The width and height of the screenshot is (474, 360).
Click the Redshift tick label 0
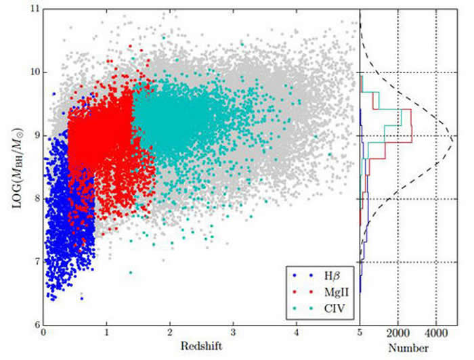coord(44,333)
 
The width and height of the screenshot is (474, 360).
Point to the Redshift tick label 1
coord(107,333)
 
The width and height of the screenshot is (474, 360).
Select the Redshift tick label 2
coord(170,333)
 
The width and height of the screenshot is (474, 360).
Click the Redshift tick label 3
coord(234,333)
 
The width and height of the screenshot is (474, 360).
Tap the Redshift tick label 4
coord(297,333)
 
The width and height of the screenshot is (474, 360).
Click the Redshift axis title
coord(201,346)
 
